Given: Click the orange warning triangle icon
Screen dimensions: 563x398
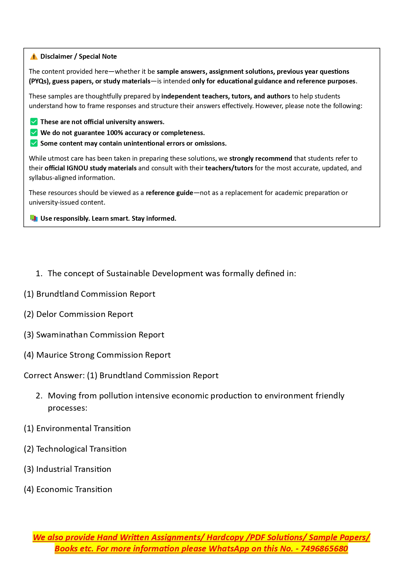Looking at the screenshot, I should tap(34, 57).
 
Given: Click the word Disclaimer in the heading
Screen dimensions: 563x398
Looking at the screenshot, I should tap(56, 56).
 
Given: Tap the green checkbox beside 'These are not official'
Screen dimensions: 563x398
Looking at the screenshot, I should tap(34, 122).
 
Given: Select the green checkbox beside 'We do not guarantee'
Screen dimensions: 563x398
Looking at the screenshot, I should tap(34, 132).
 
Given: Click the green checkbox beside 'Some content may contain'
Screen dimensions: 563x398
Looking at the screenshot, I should tap(34, 143).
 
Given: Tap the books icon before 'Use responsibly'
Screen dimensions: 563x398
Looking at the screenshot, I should tap(34, 218).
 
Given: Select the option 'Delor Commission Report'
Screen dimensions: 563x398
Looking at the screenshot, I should tap(78, 314).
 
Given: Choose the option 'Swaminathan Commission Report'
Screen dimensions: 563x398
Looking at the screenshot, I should tap(94, 335).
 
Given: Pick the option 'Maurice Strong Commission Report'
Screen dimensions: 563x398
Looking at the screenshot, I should tap(97, 355).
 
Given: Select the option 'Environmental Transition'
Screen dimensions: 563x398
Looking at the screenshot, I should tap(77, 429).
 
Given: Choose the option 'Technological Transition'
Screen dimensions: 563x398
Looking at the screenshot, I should tap(75, 449).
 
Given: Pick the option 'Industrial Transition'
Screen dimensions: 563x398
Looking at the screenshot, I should tap(67, 469).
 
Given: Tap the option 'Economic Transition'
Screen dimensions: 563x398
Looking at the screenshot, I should tap(68, 490).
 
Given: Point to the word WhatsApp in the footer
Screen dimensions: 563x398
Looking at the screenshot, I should tap(229, 549).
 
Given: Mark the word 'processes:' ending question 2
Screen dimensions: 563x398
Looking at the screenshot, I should tap(68, 408).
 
